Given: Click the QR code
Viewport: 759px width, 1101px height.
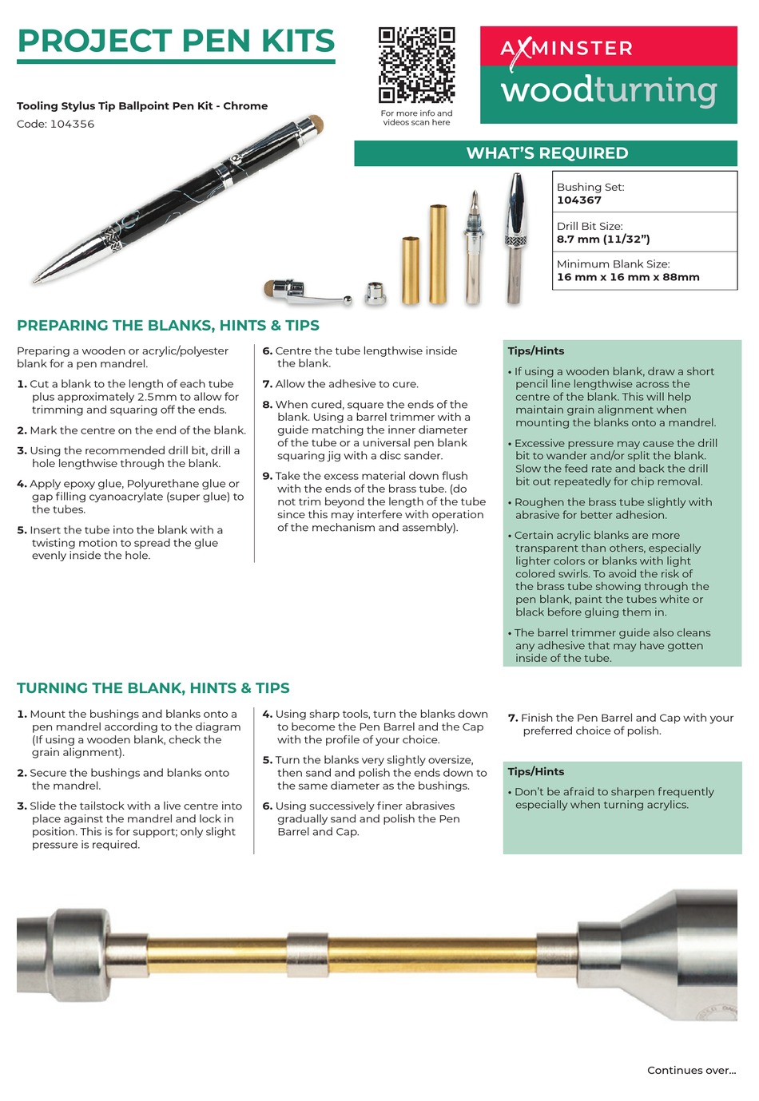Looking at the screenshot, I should pos(416,65).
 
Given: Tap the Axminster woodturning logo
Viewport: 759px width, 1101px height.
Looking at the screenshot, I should pos(608,74).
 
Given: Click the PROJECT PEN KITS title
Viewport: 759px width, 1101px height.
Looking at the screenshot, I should pos(176,41).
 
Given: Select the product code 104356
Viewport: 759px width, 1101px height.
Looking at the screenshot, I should pos(72,124).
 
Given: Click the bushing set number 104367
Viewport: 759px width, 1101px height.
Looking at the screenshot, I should pos(579,200).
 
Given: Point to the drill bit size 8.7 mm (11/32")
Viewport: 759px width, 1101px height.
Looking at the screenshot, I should pos(603,239).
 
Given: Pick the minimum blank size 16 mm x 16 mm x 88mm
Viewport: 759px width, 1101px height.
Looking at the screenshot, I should pos(628,277).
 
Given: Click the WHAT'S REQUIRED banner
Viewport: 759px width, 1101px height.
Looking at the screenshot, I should pos(546,153).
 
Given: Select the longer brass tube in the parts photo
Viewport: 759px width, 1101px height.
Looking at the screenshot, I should pos(439,255).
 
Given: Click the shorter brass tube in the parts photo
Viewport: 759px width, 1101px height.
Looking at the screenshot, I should pos(411,271).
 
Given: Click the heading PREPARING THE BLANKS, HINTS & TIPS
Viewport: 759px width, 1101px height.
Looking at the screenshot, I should pos(168,326).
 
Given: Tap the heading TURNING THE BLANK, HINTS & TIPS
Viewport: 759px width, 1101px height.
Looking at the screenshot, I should pos(153,688).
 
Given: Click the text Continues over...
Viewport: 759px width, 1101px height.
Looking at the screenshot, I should pos(691,1071).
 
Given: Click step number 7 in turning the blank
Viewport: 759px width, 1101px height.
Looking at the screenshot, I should pos(513,718).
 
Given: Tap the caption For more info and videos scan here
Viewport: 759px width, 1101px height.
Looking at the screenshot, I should pos(416,118).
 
